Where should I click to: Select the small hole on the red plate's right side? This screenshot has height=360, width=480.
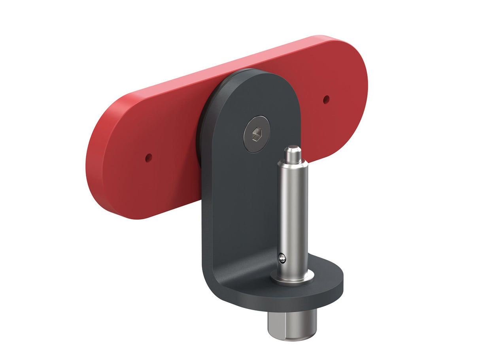coord(326,100)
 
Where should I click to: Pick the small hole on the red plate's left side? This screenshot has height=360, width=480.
coord(148,158)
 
